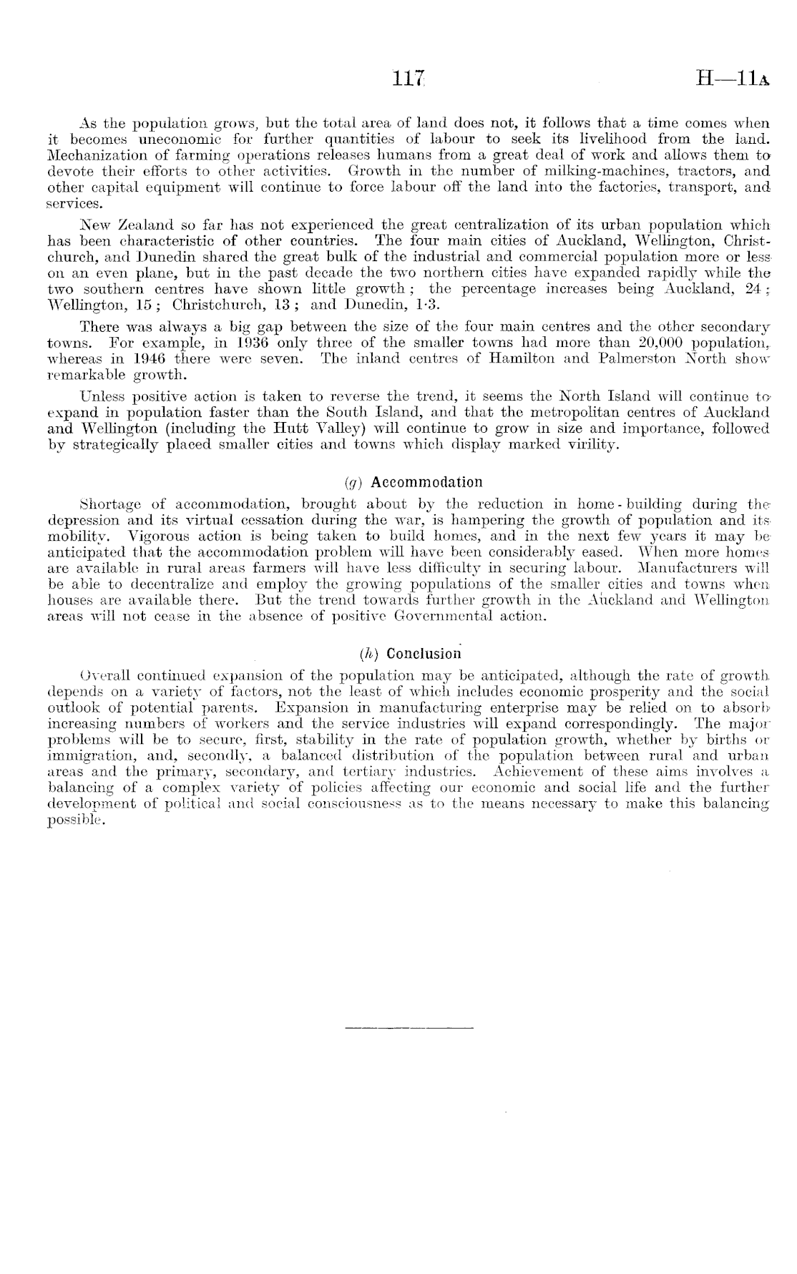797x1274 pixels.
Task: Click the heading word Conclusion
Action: pyautogui.click(x=422, y=654)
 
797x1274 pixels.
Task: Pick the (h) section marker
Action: pyautogui.click(x=368, y=654)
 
